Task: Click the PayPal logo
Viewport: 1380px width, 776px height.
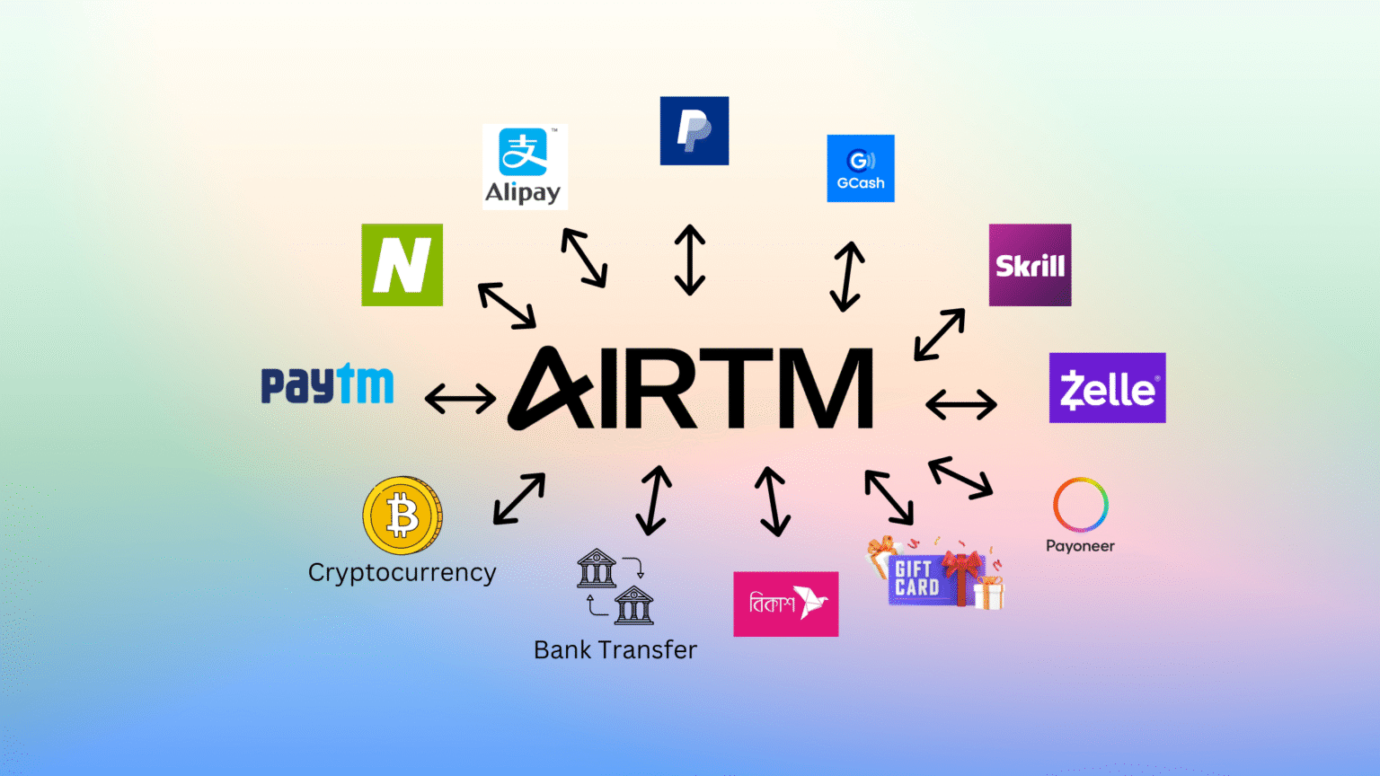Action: [x=694, y=131]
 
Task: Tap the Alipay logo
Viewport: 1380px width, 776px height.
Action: [x=525, y=167]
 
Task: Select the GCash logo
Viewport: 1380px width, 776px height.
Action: [x=860, y=168]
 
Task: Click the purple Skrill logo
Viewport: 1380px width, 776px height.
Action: [x=1030, y=265]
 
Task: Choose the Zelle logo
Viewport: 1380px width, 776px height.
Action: [x=1107, y=388]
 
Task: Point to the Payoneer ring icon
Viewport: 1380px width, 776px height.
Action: [x=1080, y=505]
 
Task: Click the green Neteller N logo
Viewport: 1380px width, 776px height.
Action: [x=402, y=265]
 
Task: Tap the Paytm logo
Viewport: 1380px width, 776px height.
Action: [x=327, y=385]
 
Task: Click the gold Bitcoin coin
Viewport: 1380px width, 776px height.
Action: [x=402, y=516]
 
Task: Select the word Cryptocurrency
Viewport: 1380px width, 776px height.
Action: [x=402, y=573]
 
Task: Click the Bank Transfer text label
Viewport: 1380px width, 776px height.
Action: [x=615, y=649]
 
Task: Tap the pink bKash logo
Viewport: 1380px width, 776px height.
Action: [x=785, y=604]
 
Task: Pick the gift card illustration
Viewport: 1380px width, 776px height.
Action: [x=934, y=576]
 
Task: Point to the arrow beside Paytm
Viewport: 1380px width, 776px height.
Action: [x=460, y=398]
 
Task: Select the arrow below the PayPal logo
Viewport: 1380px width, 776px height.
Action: [x=689, y=260]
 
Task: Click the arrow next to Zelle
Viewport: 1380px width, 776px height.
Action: [x=960, y=404]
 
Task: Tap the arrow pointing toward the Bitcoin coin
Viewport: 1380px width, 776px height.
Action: [x=519, y=498]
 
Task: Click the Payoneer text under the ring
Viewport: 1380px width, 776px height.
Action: [x=1080, y=546]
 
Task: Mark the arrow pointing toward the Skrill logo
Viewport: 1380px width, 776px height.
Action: [x=940, y=334]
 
